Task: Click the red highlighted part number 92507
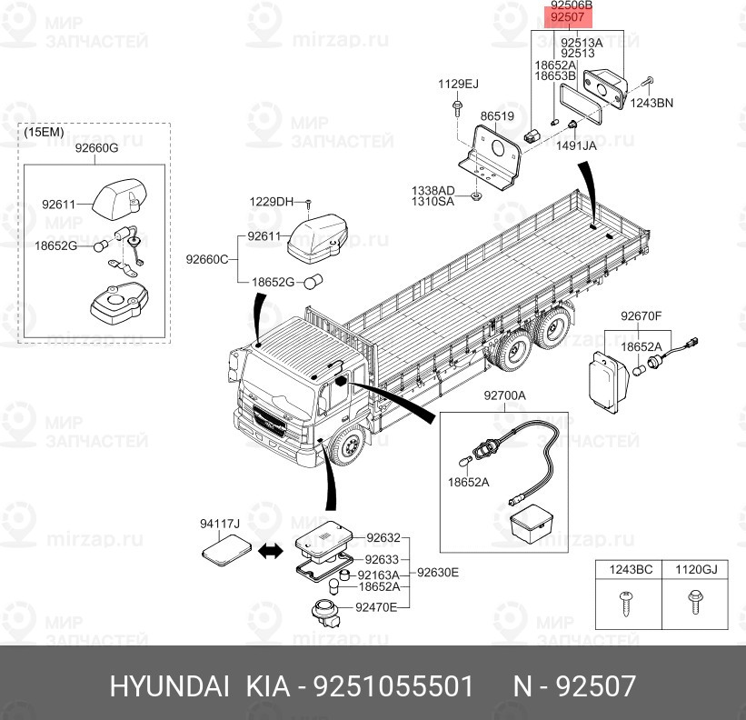(567, 17)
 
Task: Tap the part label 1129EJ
(458, 85)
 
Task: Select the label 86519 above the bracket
(497, 116)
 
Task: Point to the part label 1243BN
(652, 103)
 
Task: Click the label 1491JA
(576, 145)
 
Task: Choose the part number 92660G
(96, 148)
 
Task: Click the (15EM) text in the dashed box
(44, 132)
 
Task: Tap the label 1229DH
(271, 202)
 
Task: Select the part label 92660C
(207, 259)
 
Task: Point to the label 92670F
(641, 316)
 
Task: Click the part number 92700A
(505, 395)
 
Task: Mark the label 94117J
(220, 524)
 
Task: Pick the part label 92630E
(438, 573)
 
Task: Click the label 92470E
(376, 607)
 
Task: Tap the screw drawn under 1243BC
(626, 603)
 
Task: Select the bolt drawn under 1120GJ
(695, 602)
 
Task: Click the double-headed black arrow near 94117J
(270, 552)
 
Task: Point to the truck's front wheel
(348, 446)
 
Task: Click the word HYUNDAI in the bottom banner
(169, 686)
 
